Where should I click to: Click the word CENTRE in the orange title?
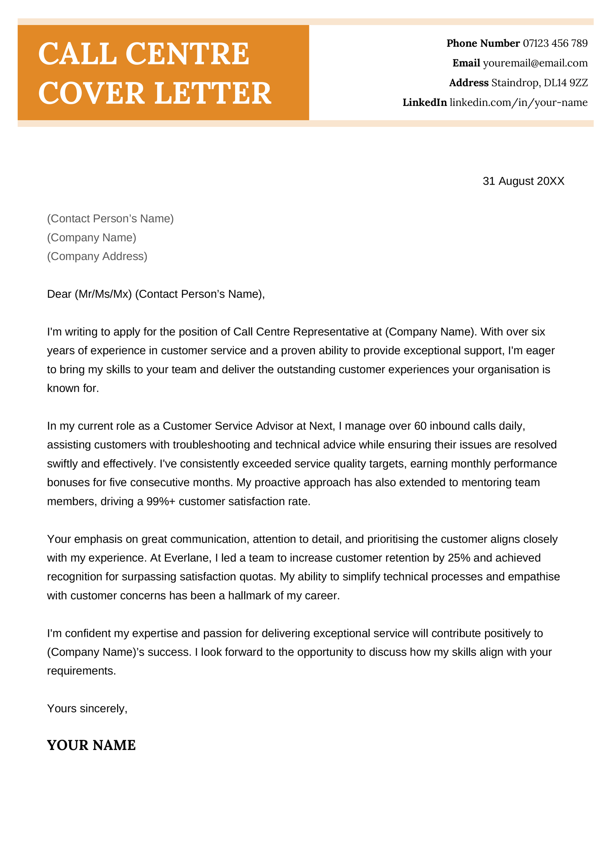click(x=187, y=54)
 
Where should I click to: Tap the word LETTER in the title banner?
click(x=213, y=93)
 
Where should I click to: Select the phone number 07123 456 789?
click(x=555, y=43)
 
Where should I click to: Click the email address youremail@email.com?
click(x=535, y=63)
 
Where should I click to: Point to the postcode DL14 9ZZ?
click(x=565, y=83)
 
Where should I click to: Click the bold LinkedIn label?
click(x=424, y=102)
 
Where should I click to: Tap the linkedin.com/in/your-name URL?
click(x=518, y=102)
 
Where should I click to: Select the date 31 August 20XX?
click(x=523, y=181)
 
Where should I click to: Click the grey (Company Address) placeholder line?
click(x=97, y=256)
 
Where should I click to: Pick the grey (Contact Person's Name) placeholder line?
click(x=110, y=219)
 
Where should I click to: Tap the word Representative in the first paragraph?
click(x=330, y=332)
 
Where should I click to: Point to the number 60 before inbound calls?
click(x=420, y=426)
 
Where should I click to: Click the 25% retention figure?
click(x=459, y=558)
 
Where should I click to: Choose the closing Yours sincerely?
click(x=87, y=708)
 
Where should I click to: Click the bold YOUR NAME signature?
click(x=91, y=745)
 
